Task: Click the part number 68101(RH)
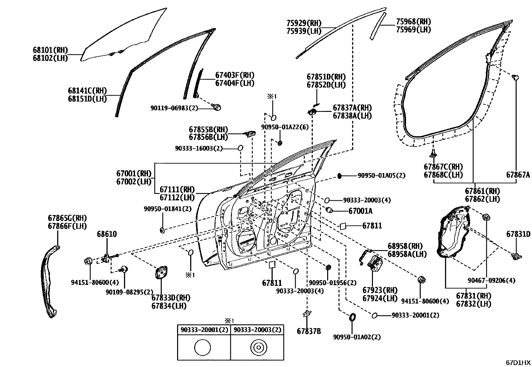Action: (x=50, y=50)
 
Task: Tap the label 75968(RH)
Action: (x=413, y=22)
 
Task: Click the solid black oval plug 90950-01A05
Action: (x=340, y=175)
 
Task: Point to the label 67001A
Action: (x=360, y=211)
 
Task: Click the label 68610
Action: (x=107, y=234)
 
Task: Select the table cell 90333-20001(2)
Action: (x=204, y=330)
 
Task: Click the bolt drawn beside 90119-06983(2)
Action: (x=217, y=107)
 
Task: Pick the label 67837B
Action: (x=309, y=331)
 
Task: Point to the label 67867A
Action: (x=518, y=175)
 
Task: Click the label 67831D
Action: (x=518, y=234)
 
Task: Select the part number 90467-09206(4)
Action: (x=491, y=281)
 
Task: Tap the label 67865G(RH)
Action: (x=67, y=218)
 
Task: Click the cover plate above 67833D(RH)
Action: (x=161, y=272)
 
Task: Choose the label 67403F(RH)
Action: (x=235, y=75)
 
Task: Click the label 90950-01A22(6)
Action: (x=285, y=127)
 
